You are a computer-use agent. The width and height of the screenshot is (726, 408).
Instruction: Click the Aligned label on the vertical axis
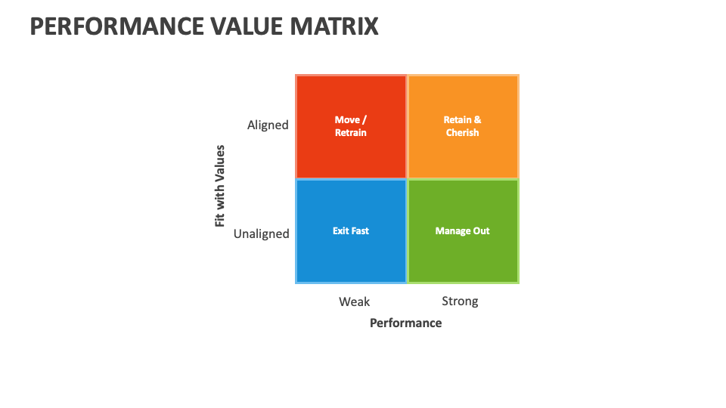268,125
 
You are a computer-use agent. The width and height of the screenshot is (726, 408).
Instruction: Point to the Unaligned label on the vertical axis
261,233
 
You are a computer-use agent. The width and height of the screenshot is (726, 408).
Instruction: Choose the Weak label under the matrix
354,301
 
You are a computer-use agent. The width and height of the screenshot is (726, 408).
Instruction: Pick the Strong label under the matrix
460,301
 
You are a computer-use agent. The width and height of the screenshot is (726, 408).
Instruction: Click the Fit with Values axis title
220,186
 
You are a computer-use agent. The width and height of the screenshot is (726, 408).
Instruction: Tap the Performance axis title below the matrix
405,323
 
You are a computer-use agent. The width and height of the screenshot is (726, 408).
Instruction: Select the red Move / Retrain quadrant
351,151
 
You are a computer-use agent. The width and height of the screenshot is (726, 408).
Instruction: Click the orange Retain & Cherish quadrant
463,151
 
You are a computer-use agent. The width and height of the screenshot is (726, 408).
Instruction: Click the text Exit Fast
351,230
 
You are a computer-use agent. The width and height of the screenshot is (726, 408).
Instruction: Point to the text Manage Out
463,230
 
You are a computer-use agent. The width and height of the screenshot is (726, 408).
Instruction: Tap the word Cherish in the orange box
463,133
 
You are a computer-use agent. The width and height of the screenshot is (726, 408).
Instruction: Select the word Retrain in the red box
351,133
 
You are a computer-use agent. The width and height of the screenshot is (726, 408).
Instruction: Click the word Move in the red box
347,119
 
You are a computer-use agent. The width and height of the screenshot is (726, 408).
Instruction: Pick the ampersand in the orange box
478,119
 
